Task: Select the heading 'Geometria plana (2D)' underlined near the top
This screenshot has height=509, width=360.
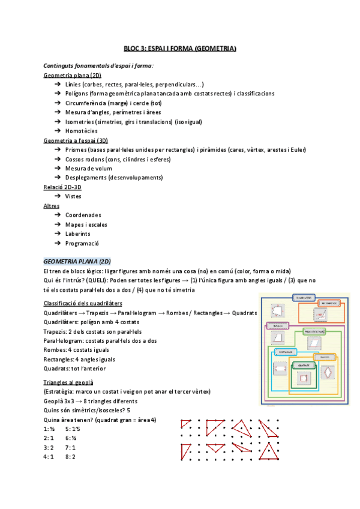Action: tap(72, 75)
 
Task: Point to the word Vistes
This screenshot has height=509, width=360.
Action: tap(73, 196)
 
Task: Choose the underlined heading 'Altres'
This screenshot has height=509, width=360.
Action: tap(52, 206)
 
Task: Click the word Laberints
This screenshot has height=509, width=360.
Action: tap(78, 234)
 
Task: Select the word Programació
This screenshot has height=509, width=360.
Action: tap(82, 244)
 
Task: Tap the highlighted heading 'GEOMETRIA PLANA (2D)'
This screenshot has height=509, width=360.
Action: tap(77, 261)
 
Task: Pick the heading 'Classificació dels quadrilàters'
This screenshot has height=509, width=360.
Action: tap(83, 303)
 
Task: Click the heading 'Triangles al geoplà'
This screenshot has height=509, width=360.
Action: tap(68, 382)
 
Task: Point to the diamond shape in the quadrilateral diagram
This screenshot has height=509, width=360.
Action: tap(328, 372)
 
